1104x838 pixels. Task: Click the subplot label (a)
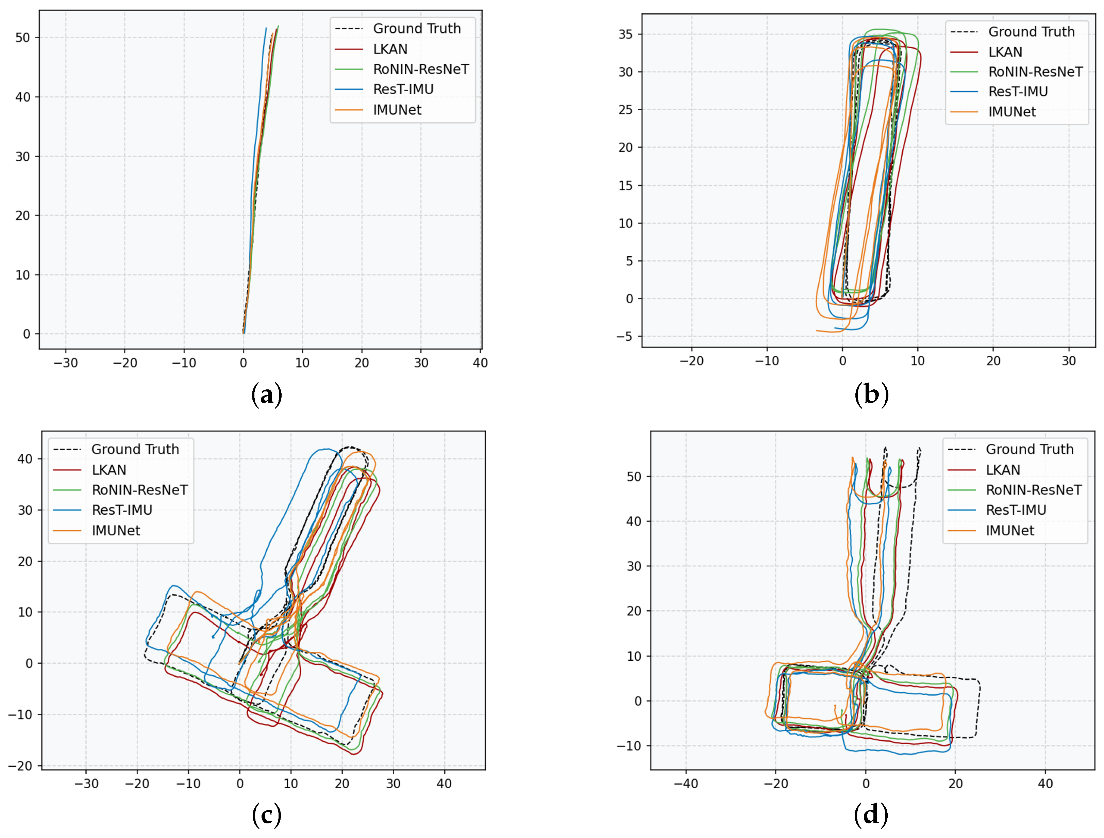(267, 394)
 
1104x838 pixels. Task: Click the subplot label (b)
(871, 394)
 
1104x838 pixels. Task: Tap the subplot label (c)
(267, 815)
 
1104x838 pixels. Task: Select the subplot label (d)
(871, 815)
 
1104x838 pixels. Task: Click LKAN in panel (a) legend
(390, 49)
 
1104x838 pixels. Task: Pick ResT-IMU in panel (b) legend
(1018, 92)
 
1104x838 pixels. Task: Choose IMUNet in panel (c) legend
(116, 530)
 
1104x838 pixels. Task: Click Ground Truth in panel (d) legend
(1030, 449)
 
